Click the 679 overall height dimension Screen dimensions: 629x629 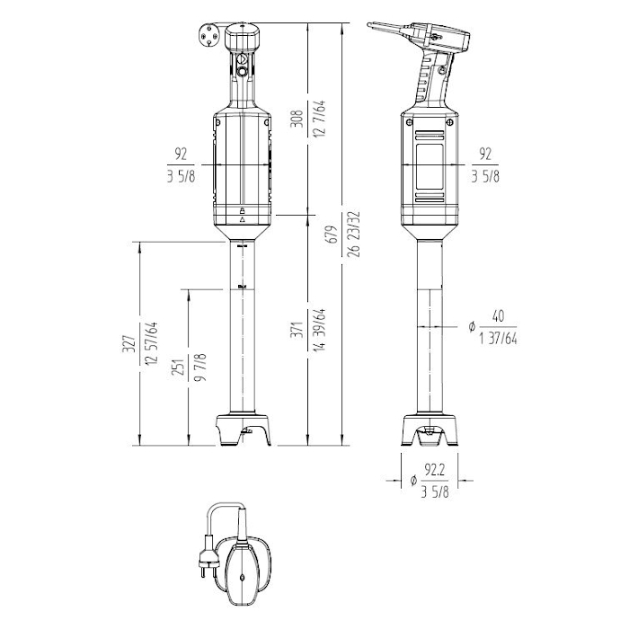click(332, 234)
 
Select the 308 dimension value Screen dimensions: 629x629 click(297, 119)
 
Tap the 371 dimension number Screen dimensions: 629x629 click(297, 330)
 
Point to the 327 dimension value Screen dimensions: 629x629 click(128, 344)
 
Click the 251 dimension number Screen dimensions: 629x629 click(178, 367)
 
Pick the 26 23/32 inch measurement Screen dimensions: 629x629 click(355, 234)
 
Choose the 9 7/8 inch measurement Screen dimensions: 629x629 click(200, 367)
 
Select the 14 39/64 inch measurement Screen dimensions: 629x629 click(320, 330)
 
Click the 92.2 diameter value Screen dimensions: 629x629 click(435, 470)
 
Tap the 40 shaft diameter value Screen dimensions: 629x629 click(498, 316)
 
